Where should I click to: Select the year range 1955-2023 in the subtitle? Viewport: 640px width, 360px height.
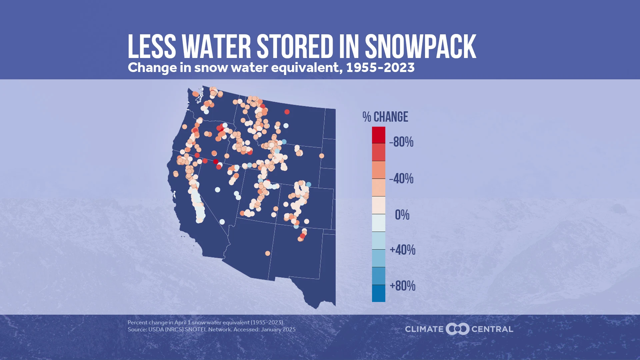pyautogui.click(x=380, y=68)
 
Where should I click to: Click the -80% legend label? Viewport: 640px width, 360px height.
pyautogui.click(x=401, y=142)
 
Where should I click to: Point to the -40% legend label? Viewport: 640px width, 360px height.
pyautogui.click(x=401, y=179)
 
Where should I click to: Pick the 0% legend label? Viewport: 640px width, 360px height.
pyautogui.click(x=402, y=215)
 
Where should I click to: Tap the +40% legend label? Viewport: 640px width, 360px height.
pyautogui.click(x=402, y=250)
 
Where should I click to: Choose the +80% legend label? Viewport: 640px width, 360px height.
pyautogui.click(x=402, y=286)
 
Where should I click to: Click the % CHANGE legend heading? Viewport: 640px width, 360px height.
pyautogui.click(x=385, y=117)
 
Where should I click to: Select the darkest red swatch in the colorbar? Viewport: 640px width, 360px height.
pyautogui.click(x=378, y=135)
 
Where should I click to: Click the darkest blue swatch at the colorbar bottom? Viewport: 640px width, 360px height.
pyautogui.click(x=378, y=293)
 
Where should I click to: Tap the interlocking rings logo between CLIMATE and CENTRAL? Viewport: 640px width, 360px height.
pyautogui.click(x=457, y=329)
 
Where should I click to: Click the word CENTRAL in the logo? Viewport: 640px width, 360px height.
pyautogui.click(x=492, y=329)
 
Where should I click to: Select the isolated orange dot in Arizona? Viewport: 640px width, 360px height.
pyautogui.click(x=267, y=253)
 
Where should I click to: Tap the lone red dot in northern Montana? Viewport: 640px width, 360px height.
pyautogui.click(x=287, y=112)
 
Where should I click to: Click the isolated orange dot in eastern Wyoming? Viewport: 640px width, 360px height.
pyautogui.click(x=321, y=156)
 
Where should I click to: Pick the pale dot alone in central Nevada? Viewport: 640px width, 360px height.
pyautogui.click(x=217, y=190)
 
